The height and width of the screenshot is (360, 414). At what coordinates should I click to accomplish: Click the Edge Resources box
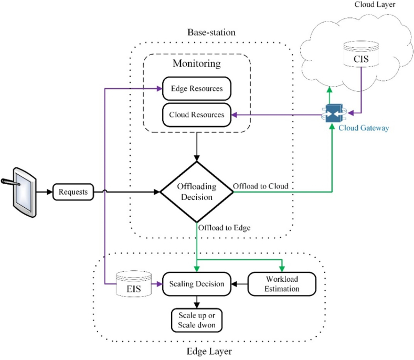click(x=196, y=88)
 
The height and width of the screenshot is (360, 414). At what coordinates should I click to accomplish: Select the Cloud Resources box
click(x=196, y=114)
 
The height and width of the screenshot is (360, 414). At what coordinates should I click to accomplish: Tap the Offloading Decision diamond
click(x=196, y=192)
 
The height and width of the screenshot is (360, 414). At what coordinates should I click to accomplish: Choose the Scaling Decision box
click(x=197, y=284)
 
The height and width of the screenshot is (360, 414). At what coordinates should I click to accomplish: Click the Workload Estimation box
click(x=281, y=284)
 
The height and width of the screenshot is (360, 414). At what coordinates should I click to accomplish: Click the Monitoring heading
click(x=197, y=63)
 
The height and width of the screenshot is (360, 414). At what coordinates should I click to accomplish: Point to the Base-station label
click(x=211, y=32)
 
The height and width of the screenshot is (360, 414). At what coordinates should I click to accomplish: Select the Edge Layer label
click(x=209, y=351)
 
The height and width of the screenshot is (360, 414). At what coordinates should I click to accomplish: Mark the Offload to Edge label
click(x=224, y=227)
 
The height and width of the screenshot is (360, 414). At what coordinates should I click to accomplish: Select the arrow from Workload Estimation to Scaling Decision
click(x=239, y=284)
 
